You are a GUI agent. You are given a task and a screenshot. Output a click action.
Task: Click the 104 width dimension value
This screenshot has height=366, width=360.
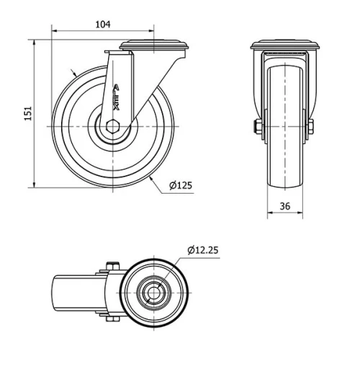point(103,24)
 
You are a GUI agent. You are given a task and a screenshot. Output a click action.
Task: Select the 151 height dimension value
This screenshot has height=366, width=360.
point(28,114)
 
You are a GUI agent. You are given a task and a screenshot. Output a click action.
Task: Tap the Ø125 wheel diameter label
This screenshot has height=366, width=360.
point(180,186)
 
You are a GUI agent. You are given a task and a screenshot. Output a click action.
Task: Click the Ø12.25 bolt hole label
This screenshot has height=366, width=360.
point(202,250)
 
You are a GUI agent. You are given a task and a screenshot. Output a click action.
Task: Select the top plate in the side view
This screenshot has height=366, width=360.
point(155,47)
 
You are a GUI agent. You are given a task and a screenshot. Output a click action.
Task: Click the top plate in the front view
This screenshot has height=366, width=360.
point(284,47)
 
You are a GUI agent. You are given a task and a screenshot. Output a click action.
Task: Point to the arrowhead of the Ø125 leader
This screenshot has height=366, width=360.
point(153,178)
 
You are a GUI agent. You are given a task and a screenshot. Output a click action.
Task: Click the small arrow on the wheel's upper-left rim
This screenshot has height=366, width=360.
point(74,73)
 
